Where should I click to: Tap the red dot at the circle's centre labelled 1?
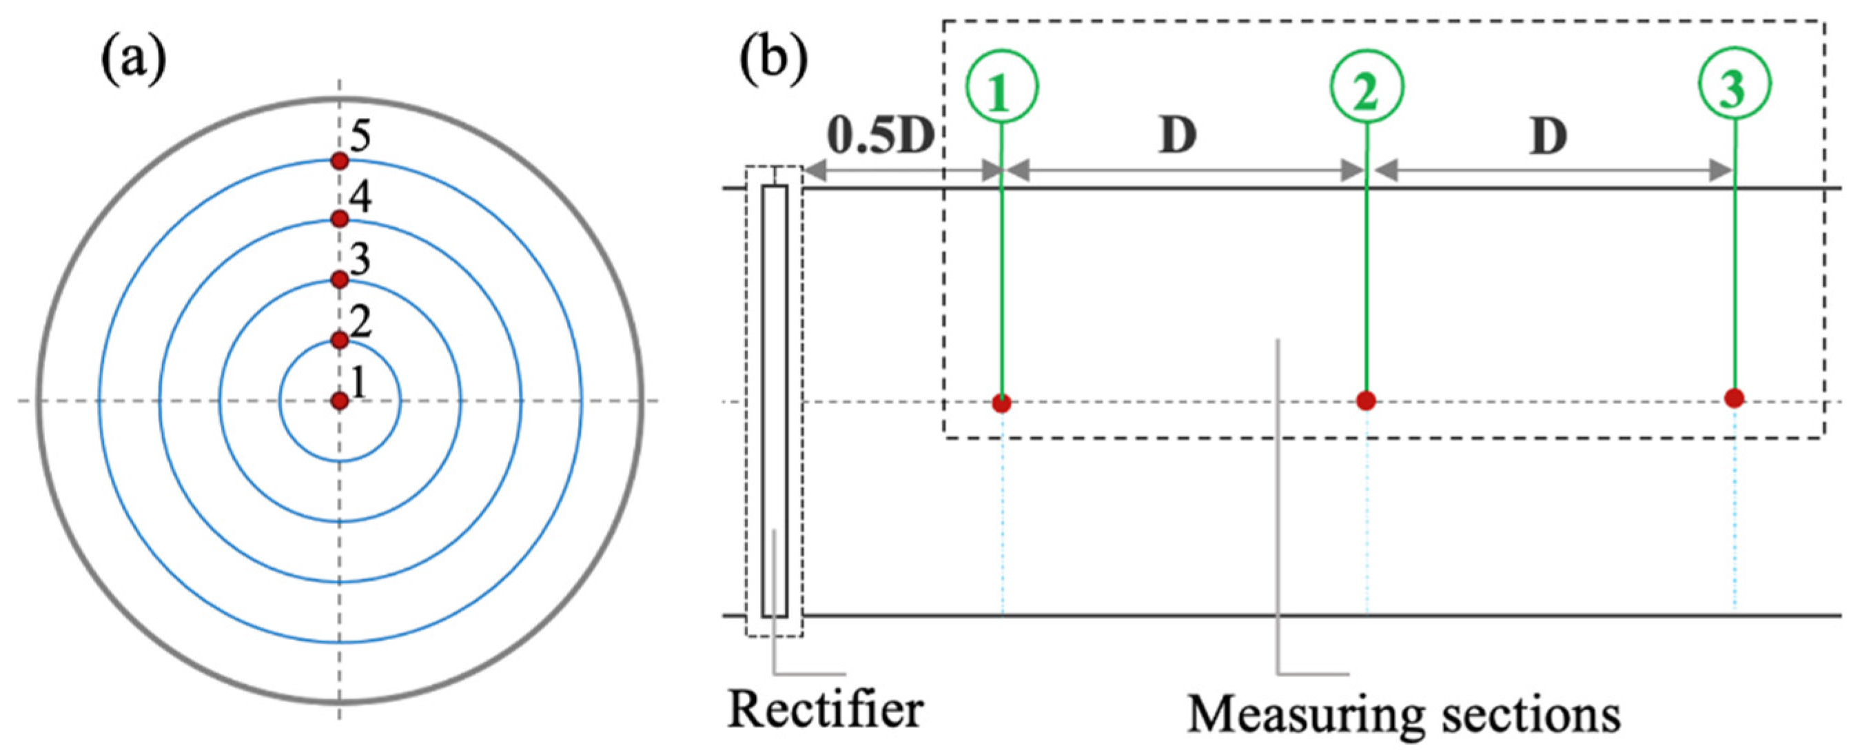[x=340, y=401]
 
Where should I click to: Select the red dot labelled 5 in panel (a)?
[x=340, y=161]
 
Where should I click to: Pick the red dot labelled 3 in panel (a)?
[x=340, y=279]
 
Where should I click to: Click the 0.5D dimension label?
[x=881, y=136]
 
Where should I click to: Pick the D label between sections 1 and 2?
[x=1178, y=136]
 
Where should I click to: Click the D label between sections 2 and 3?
[x=1549, y=136]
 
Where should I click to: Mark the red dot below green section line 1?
[x=1001, y=403]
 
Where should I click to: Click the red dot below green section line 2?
[x=1365, y=400]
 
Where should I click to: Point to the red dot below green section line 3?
[x=1734, y=397]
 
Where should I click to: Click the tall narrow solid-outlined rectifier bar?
[x=775, y=401]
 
